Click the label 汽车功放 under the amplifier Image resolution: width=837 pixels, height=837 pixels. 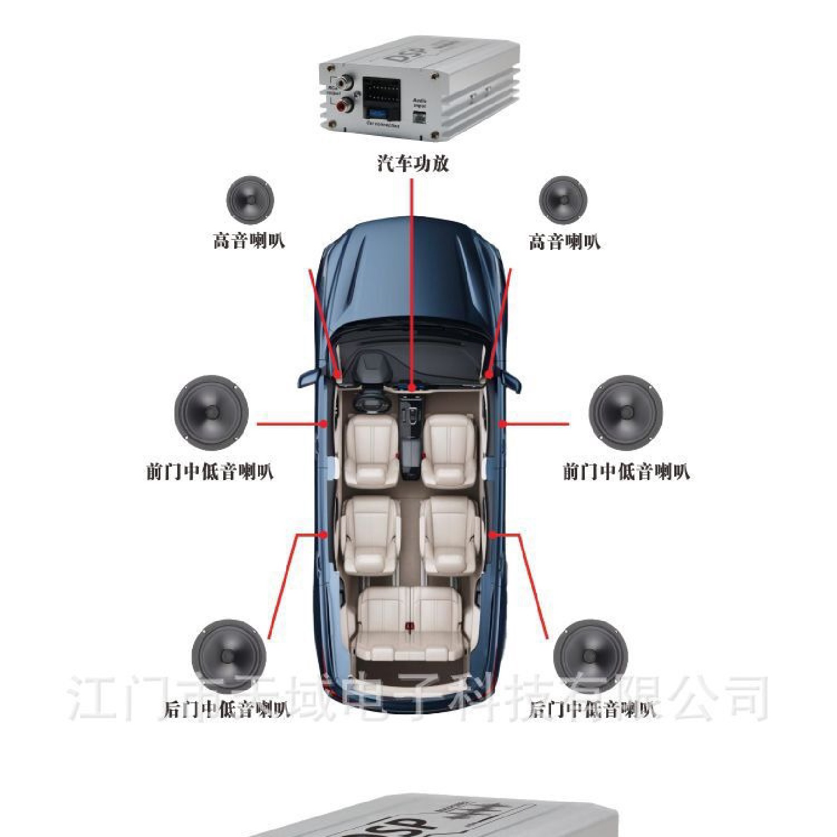pos(413,163)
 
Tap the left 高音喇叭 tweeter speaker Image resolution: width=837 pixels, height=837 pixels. pos(250,200)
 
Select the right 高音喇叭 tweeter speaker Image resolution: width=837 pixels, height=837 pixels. pos(563,200)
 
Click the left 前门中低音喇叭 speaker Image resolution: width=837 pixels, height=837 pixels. pos(212,413)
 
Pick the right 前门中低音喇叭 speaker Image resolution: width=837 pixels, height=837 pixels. pos(626,413)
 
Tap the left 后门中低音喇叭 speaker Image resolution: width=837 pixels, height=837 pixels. pos(229,656)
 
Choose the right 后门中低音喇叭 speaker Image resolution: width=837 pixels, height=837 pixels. pos(591,656)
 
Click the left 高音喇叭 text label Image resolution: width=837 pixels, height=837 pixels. pos(249,241)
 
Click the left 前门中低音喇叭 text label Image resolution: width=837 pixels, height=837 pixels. pos(210,471)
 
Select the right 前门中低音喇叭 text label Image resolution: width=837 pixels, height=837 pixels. pos(626,471)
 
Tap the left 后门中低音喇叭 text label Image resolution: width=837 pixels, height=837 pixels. pos(227,709)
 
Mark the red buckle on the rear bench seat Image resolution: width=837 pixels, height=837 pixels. pos(410,626)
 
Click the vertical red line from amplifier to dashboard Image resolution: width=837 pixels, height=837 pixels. pos(412,279)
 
